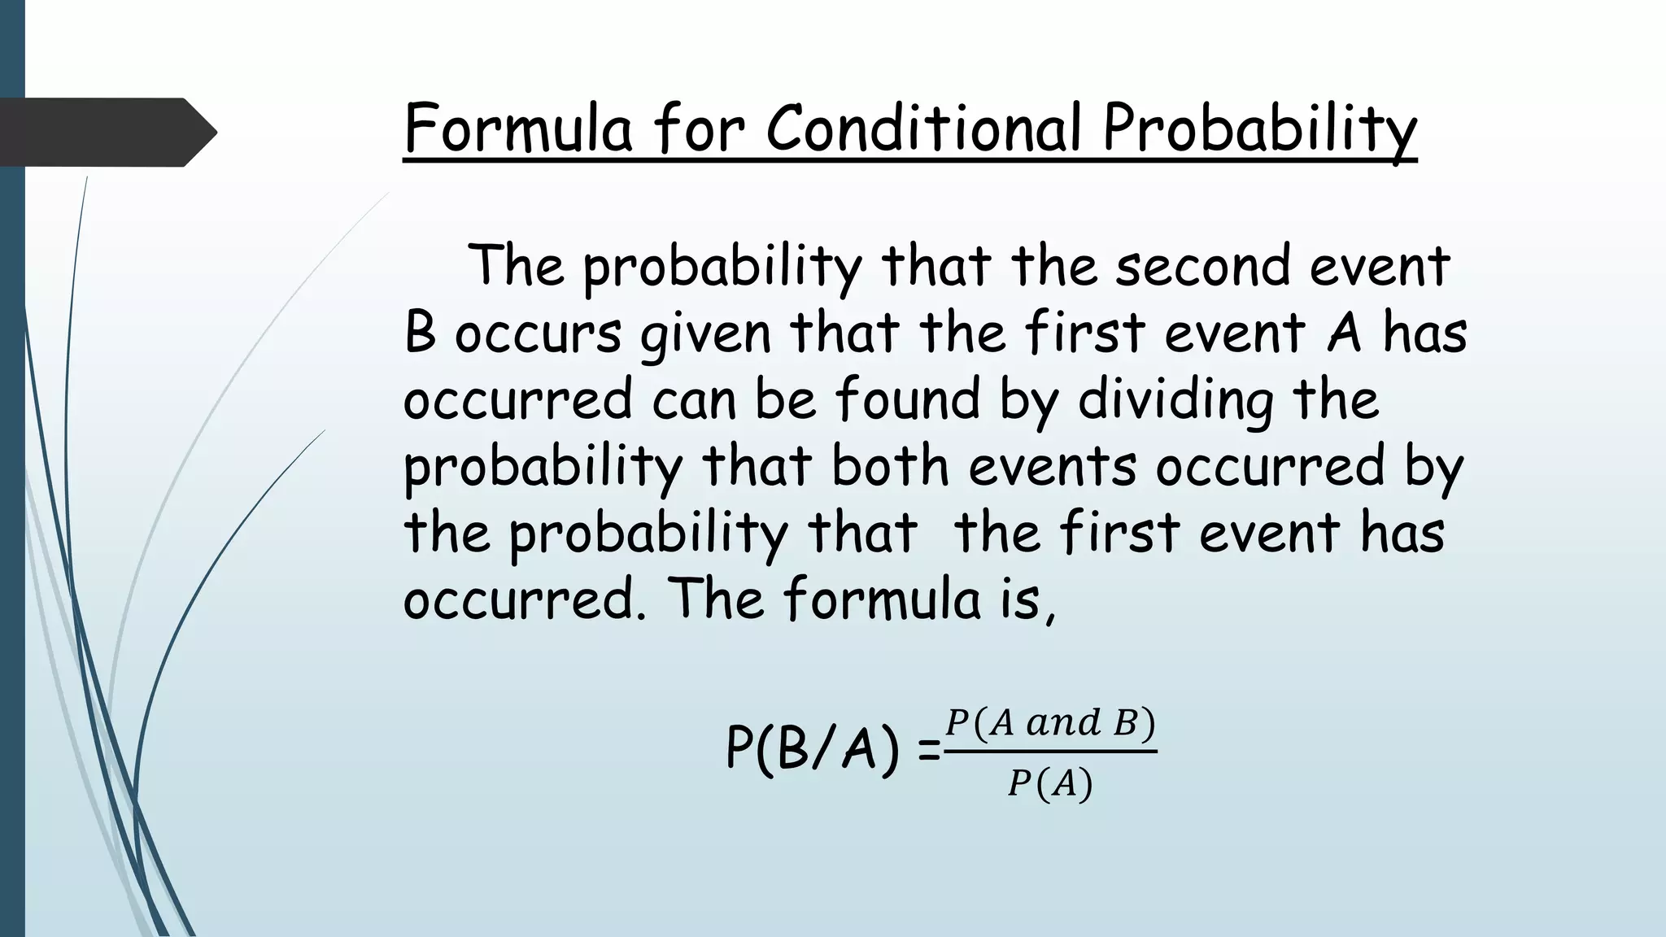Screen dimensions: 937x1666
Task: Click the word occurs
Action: coord(538,333)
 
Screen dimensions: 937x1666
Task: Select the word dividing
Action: coord(1175,400)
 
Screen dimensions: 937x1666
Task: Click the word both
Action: coord(890,466)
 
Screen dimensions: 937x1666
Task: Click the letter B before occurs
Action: coord(420,333)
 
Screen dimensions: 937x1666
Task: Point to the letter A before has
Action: coord(1344,333)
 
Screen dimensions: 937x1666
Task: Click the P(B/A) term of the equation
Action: coord(813,748)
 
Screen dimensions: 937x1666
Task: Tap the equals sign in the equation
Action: coord(928,752)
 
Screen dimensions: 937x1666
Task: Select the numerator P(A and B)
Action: coord(1050,723)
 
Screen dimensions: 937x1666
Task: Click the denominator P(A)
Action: coord(1049,784)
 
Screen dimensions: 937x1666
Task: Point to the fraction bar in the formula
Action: coord(1050,752)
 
